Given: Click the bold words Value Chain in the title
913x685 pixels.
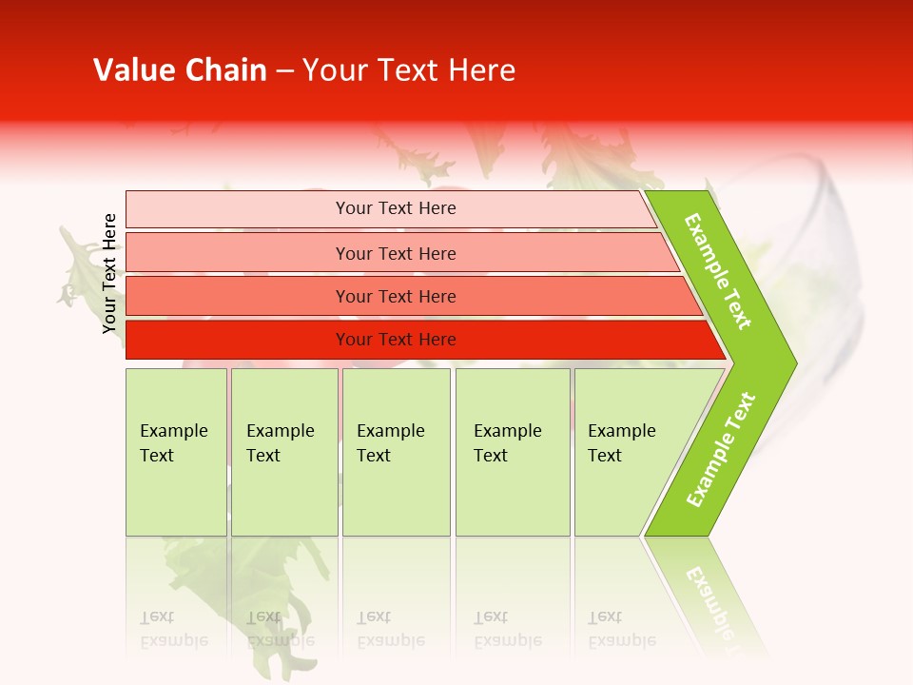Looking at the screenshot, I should (180, 70).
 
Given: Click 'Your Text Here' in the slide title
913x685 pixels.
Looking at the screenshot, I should (409, 70).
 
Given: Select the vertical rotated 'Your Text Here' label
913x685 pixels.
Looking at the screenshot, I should (109, 274).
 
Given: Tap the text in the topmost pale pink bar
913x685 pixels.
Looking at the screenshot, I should (396, 208).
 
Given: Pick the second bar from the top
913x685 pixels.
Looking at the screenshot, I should (396, 253).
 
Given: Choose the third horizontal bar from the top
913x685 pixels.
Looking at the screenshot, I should (396, 297).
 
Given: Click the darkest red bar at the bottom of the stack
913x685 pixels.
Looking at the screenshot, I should (396, 340).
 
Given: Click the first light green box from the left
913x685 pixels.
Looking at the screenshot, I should (176, 452).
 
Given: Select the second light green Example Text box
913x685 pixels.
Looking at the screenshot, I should (283, 452).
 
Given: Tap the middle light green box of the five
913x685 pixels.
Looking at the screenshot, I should (396, 452).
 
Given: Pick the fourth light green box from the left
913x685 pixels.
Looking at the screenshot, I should (513, 452).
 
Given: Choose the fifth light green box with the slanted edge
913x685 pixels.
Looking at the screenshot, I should (628, 452).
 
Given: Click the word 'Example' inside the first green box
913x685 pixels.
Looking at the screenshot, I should (173, 431).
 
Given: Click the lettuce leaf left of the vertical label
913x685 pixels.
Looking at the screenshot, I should (76, 266).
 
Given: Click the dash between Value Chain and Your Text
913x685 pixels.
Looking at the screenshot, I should (284, 71).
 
